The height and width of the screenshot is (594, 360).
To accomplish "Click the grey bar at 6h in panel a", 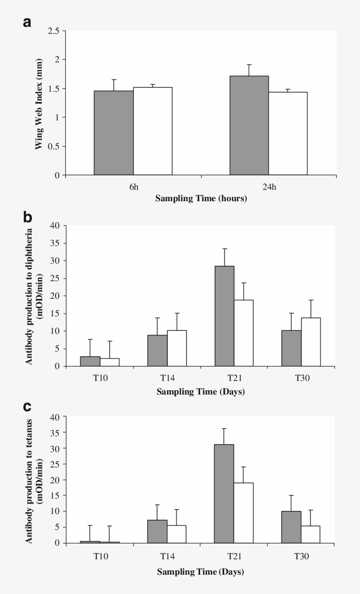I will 114,133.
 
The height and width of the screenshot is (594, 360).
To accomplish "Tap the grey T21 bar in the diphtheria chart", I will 224,316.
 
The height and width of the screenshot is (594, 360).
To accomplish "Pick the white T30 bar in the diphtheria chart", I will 311,342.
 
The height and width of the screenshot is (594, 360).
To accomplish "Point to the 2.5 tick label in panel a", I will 54,31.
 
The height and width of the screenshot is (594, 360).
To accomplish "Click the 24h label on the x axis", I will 269,188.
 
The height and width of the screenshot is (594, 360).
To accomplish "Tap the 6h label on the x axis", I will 134,188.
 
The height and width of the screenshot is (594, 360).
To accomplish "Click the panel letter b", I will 27,217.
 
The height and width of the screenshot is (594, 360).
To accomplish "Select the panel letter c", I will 27,406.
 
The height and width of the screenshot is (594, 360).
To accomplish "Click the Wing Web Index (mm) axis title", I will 39,103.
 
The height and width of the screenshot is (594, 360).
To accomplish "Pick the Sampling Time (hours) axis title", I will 201,199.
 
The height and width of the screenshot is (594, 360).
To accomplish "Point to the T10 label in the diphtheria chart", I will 100,378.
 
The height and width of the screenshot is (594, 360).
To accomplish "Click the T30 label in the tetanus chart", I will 301,556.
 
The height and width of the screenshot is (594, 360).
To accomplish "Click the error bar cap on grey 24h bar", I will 249,65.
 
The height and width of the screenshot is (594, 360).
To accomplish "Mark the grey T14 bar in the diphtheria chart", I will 157,351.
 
